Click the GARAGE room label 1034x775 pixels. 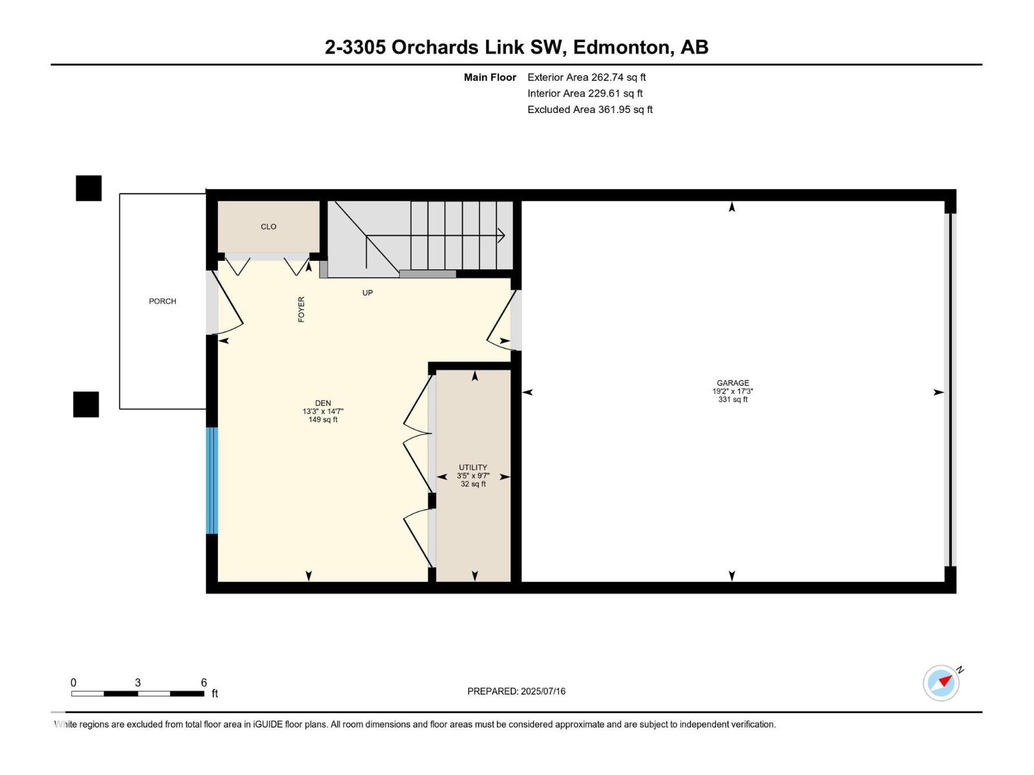click(732, 383)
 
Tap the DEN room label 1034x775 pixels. click(322, 403)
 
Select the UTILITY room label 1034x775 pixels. click(473, 467)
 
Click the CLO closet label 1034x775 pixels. click(268, 227)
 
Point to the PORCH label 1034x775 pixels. click(162, 301)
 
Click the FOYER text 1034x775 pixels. click(301, 309)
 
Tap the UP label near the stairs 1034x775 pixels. click(367, 293)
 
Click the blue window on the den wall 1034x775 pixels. click(211, 480)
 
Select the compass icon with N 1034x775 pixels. click(941, 683)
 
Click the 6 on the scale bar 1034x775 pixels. click(204, 683)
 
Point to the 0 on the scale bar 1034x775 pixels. click(73, 683)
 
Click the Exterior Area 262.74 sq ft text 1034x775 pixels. click(586, 77)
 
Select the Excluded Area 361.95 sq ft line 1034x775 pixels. click(589, 109)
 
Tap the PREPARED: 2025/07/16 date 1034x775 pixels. click(516, 691)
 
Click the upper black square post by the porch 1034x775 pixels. click(89, 188)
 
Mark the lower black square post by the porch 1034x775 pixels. click(86, 404)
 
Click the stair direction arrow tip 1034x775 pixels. click(503, 236)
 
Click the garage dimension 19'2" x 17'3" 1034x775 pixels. click(732, 391)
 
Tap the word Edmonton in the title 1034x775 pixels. click(620, 47)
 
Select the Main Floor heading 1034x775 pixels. click(490, 77)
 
